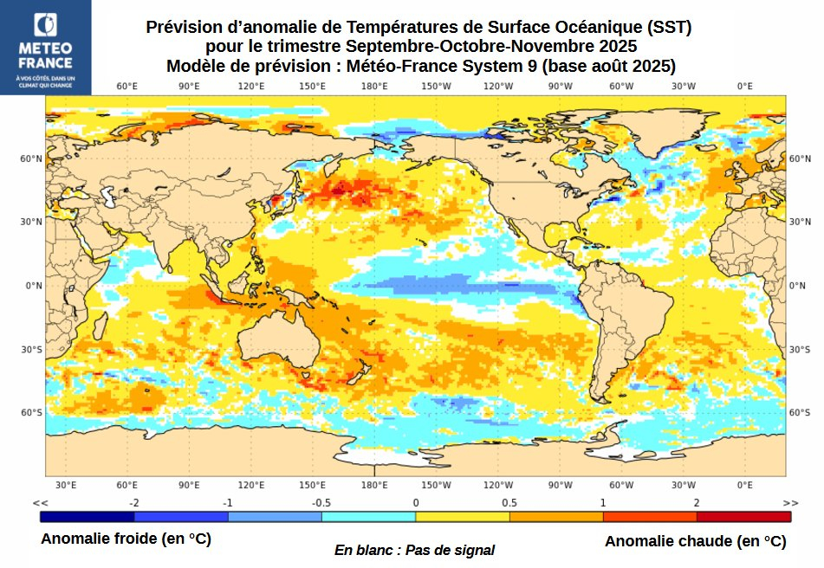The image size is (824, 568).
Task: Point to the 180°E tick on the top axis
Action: (x=374, y=86)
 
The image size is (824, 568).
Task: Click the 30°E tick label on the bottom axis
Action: (x=66, y=485)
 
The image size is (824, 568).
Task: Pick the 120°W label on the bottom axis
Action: (x=497, y=485)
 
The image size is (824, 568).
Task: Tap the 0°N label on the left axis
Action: (x=33, y=286)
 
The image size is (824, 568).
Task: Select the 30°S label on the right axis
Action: (x=799, y=349)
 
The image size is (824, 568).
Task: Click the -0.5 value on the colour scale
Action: (x=321, y=503)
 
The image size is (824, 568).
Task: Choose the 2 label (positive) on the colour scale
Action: (x=696, y=503)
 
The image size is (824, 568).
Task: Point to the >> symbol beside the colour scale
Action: (x=789, y=503)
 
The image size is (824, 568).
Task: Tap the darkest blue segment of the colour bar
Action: (x=87, y=517)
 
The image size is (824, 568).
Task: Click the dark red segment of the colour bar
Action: (x=743, y=517)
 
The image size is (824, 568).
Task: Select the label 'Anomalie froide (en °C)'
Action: (x=126, y=539)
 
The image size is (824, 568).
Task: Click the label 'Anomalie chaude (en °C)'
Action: (x=695, y=541)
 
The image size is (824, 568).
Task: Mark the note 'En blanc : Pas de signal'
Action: (x=414, y=550)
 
